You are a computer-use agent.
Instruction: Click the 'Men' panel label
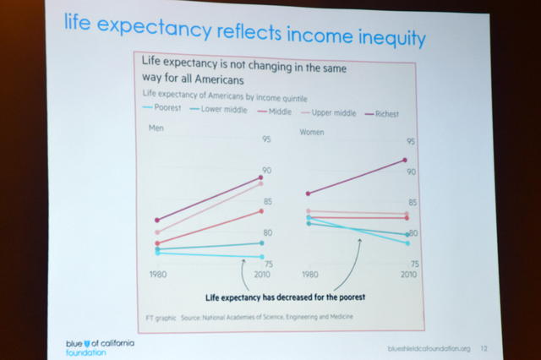point(156,128)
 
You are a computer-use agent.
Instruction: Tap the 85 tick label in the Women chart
point(412,203)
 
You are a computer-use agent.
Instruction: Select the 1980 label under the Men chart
point(158,275)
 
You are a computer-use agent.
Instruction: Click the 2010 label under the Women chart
point(409,275)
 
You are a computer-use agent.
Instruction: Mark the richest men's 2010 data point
point(261,177)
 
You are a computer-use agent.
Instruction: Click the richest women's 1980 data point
point(309,194)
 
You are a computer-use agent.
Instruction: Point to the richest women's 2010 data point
point(406,160)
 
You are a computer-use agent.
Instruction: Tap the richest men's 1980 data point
point(157,220)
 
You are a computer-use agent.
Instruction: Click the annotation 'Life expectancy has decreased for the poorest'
point(285,297)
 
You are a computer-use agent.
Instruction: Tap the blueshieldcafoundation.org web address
point(426,348)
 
